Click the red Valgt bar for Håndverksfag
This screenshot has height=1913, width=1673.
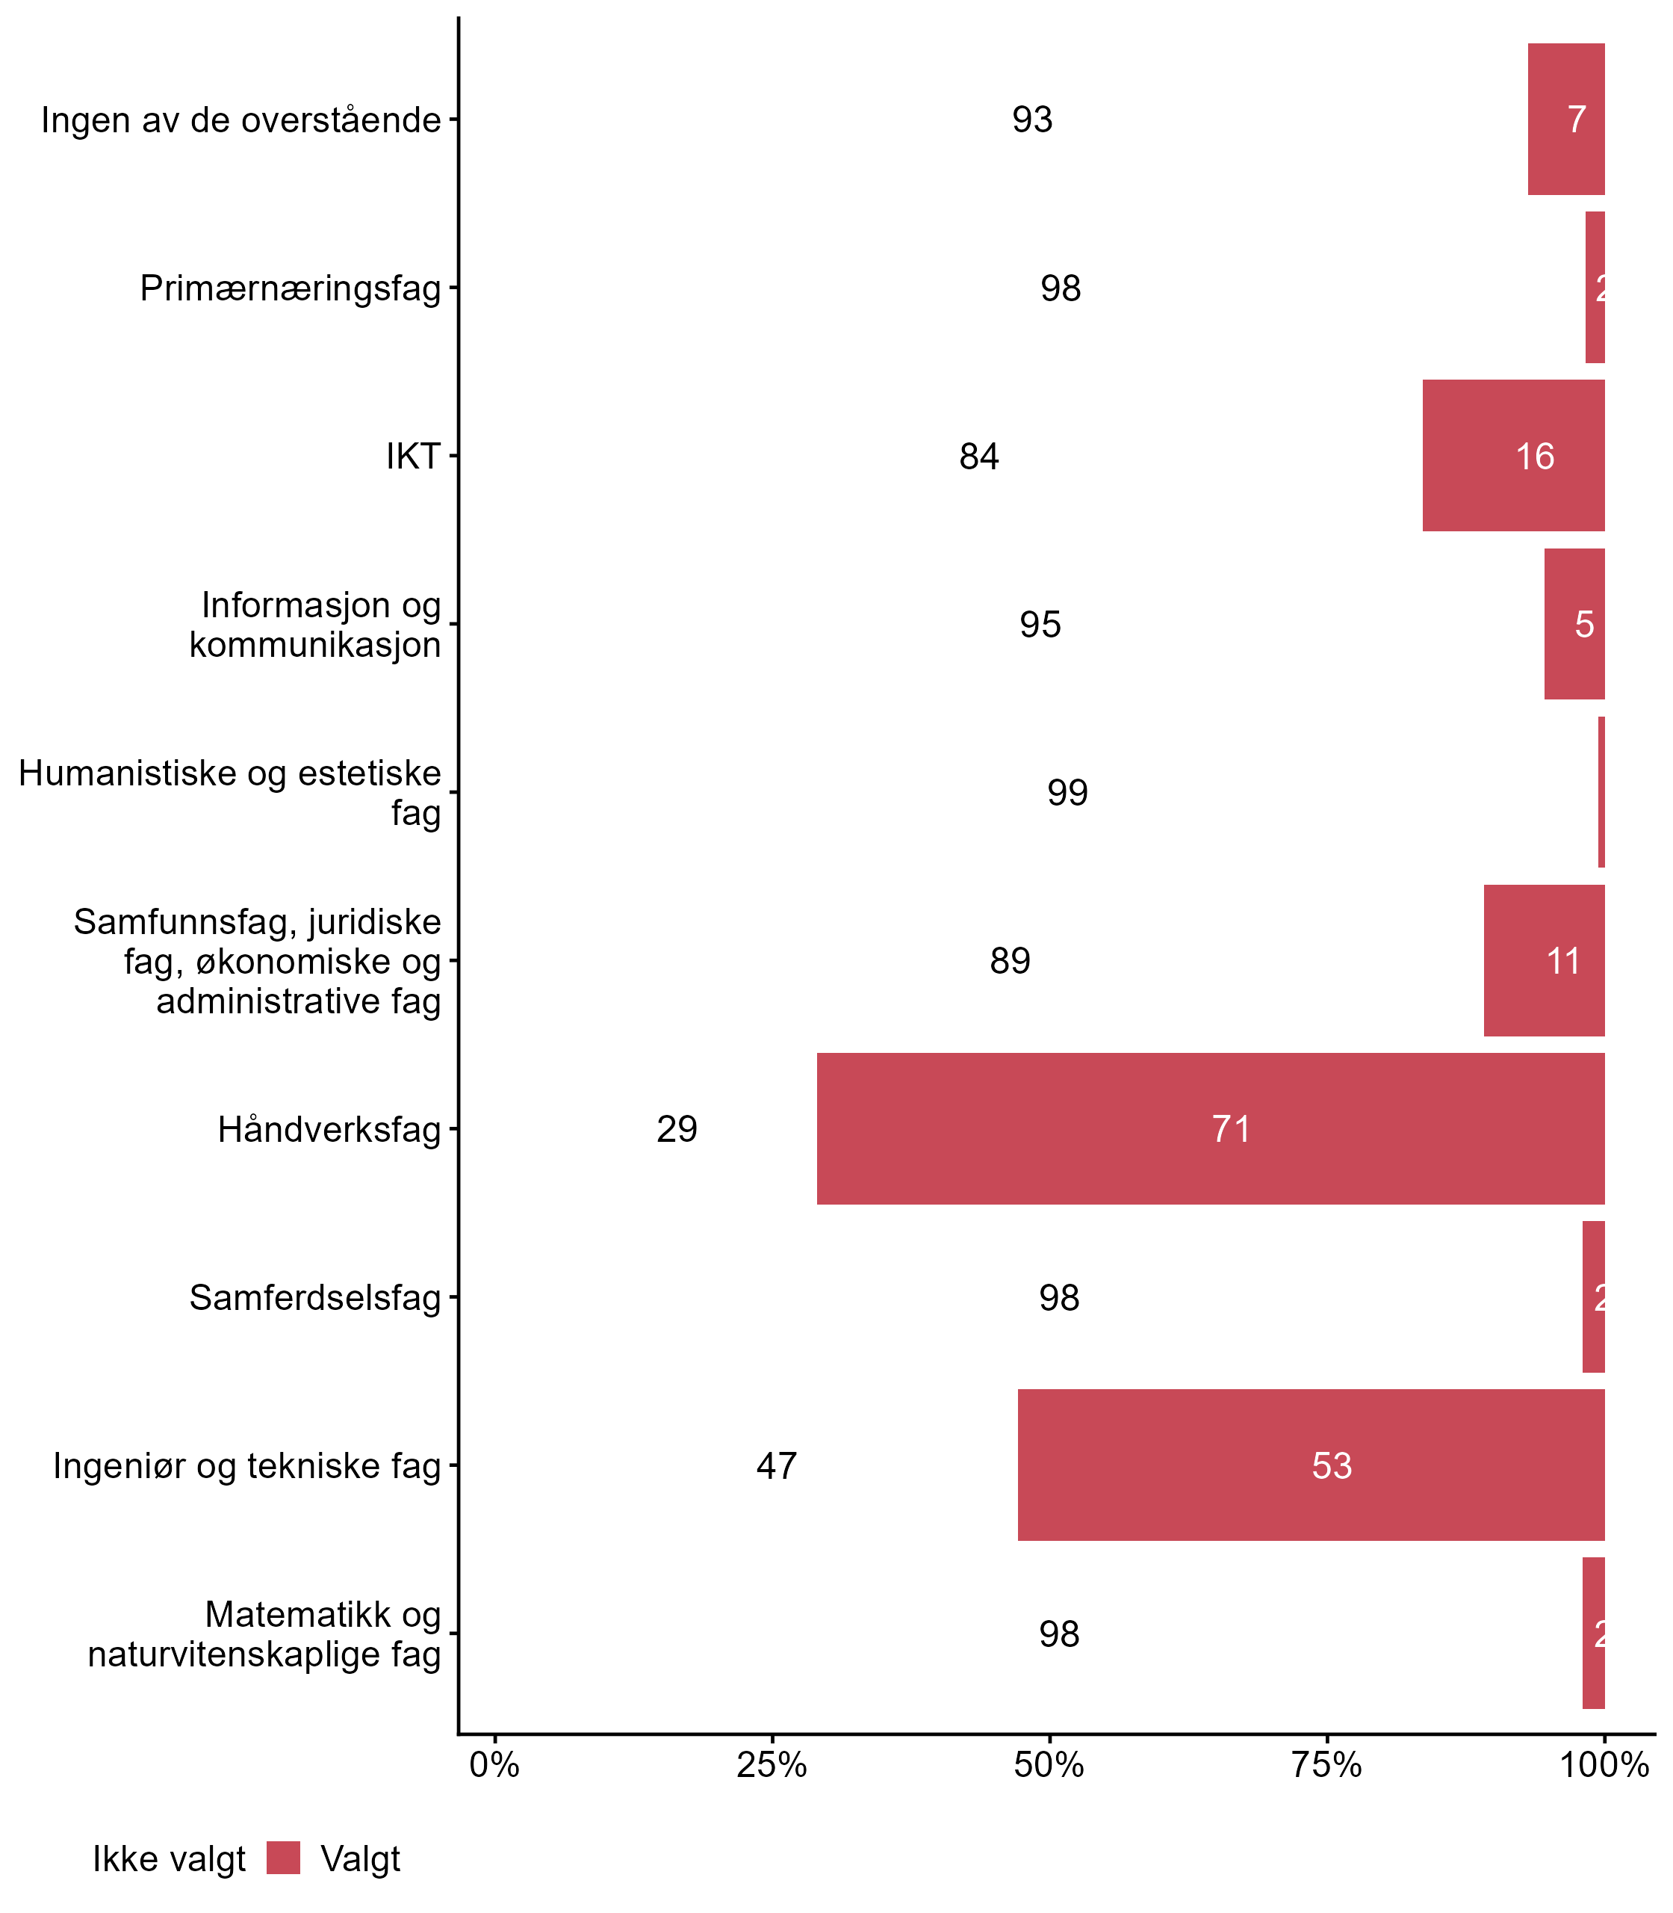(x=1210, y=1128)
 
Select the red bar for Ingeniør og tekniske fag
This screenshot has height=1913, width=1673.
(x=1311, y=1465)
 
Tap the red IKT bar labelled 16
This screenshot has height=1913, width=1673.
(x=1512, y=456)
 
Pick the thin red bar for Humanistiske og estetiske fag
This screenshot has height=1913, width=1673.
(x=1601, y=792)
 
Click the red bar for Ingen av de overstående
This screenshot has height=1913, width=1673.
(x=1565, y=120)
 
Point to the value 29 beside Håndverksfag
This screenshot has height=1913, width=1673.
(x=677, y=1129)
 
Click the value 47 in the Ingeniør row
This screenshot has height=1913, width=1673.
(x=777, y=1465)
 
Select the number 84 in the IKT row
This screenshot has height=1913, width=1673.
(x=978, y=457)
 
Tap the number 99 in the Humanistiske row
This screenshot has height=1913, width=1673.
(x=1067, y=793)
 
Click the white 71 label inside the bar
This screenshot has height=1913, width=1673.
(x=1232, y=1129)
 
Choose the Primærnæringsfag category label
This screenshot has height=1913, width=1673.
(x=291, y=288)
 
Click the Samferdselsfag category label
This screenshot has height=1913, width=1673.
(x=314, y=1297)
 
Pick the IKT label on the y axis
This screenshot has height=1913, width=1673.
(x=412, y=457)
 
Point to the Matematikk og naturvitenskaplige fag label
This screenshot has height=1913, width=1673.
(x=265, y=1634)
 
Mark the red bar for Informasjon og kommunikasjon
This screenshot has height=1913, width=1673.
(x=1574, y=624)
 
